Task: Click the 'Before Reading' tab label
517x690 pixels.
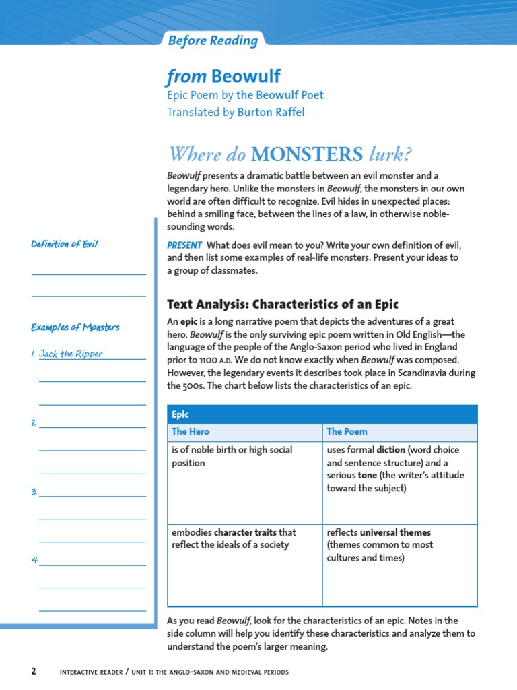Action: coord(213,41)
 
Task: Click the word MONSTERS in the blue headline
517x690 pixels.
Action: coord(306,154)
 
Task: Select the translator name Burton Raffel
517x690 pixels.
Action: coord(271,112)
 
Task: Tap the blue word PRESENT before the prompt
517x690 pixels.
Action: coord(184,245)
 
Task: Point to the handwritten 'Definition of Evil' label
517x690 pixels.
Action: coord(65,244)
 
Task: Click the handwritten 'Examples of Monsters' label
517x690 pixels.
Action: coord(75,327)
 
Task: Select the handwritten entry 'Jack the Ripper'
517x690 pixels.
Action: coord(71,354)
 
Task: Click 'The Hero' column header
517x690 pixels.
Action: coord(191,431)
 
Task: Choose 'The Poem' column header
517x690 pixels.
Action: coord(347,431)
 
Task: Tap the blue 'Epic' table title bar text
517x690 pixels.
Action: coord(180,414)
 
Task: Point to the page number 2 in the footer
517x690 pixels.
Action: coord(33,672)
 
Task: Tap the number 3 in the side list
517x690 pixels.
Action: coord(34,492)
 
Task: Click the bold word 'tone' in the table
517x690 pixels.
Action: coord(367,476)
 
